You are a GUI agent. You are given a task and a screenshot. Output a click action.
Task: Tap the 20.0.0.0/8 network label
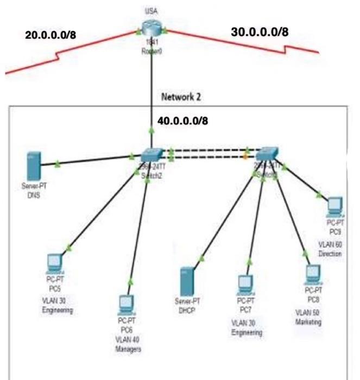coord(50,35)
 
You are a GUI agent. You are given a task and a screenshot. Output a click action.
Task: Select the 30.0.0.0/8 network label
coord(260,31)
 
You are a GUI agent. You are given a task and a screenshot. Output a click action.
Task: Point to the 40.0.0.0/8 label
coord(182,121)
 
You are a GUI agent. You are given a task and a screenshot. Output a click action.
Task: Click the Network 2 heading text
coord(181,98)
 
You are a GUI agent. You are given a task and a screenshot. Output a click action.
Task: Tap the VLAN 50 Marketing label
coord(308,318)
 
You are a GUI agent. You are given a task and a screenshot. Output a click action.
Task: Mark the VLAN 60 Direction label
coord(331,249)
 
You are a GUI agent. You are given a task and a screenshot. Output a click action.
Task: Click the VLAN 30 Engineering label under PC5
coord(57,305)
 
